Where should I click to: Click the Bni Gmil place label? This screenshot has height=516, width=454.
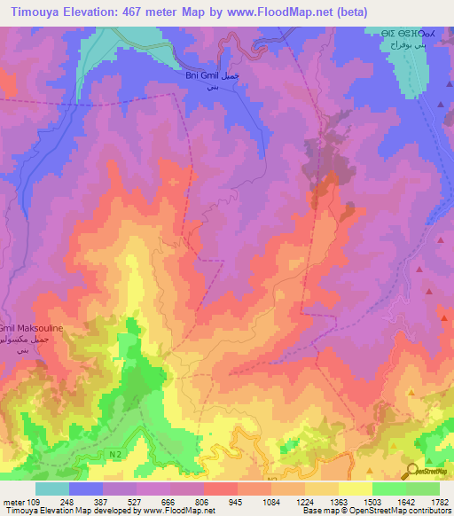[x=202, y=76]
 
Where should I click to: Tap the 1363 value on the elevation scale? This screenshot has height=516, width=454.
[x=338, y=501]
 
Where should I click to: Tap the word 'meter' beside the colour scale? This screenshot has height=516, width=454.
[x=12, y=501]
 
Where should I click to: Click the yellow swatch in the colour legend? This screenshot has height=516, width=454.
[x=356, y=489]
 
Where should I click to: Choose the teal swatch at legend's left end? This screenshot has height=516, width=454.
[x=51, y=489]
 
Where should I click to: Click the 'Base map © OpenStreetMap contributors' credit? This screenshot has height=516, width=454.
[x=376, y=511]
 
